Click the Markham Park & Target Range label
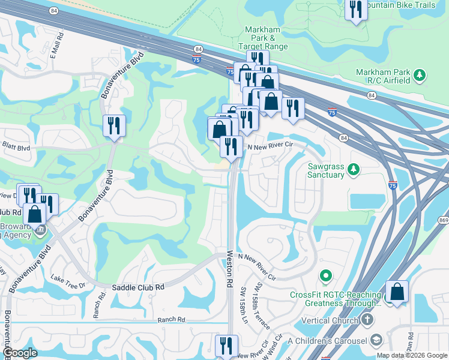[267, 38]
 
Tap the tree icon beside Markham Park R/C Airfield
[420, 76]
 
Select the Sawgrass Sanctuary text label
[326, 170]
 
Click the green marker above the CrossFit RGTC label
[326, 276]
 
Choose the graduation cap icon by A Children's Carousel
[376, 341]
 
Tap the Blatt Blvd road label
[16, 147]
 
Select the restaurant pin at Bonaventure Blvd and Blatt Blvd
[113, 125]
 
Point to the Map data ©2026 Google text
[411, 355]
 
